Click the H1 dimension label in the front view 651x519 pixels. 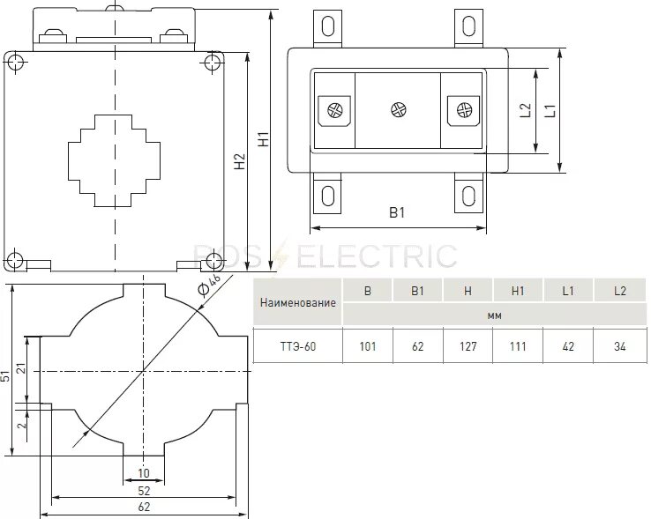point(262,139)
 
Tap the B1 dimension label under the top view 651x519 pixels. point(397,213)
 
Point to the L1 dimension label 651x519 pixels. point(548,110)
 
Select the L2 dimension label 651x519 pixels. point(525,110)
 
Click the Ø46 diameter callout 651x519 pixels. point(210,285)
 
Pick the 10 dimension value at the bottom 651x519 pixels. point(144,473)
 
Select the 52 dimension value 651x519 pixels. point(144,490)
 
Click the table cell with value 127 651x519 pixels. point(468,346)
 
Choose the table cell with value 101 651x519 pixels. point(368,346)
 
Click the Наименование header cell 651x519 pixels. point(298,302)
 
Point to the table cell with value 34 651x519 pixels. point(620,346)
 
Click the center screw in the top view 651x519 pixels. point(398,110)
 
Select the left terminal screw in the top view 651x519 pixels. point(335,110)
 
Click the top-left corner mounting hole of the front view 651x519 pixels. point(15,62)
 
